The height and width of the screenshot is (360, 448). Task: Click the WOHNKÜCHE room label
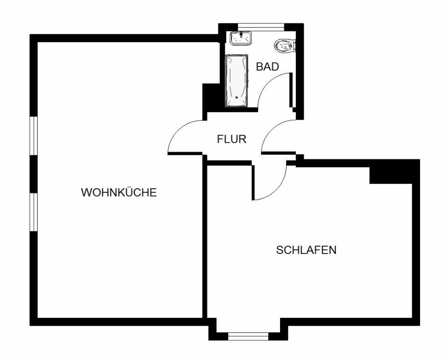[x=119, y=192]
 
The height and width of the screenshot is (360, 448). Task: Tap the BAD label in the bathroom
[x=267, y=67]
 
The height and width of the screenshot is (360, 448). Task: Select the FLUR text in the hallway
[x=231, y=139]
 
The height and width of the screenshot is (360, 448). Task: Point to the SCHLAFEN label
[x=306, y=250]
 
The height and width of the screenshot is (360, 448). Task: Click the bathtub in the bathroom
[x=237, y=81]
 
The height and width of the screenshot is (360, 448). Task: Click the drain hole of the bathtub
[x=237, y=98]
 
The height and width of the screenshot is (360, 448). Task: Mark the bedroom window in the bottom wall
[x=248, y=335]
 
